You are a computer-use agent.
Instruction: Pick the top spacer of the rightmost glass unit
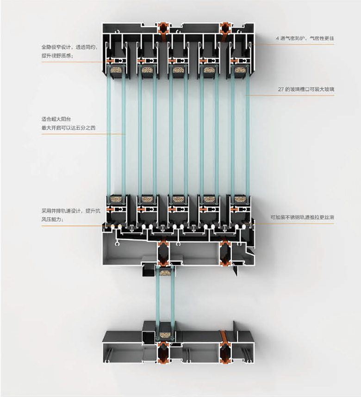[x=240, y=70]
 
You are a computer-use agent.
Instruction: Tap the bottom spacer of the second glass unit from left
[x=147, y=199]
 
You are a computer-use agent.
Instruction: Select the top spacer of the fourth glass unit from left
[x=209, y=70]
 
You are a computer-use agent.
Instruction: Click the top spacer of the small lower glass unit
[x=164, y=273]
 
